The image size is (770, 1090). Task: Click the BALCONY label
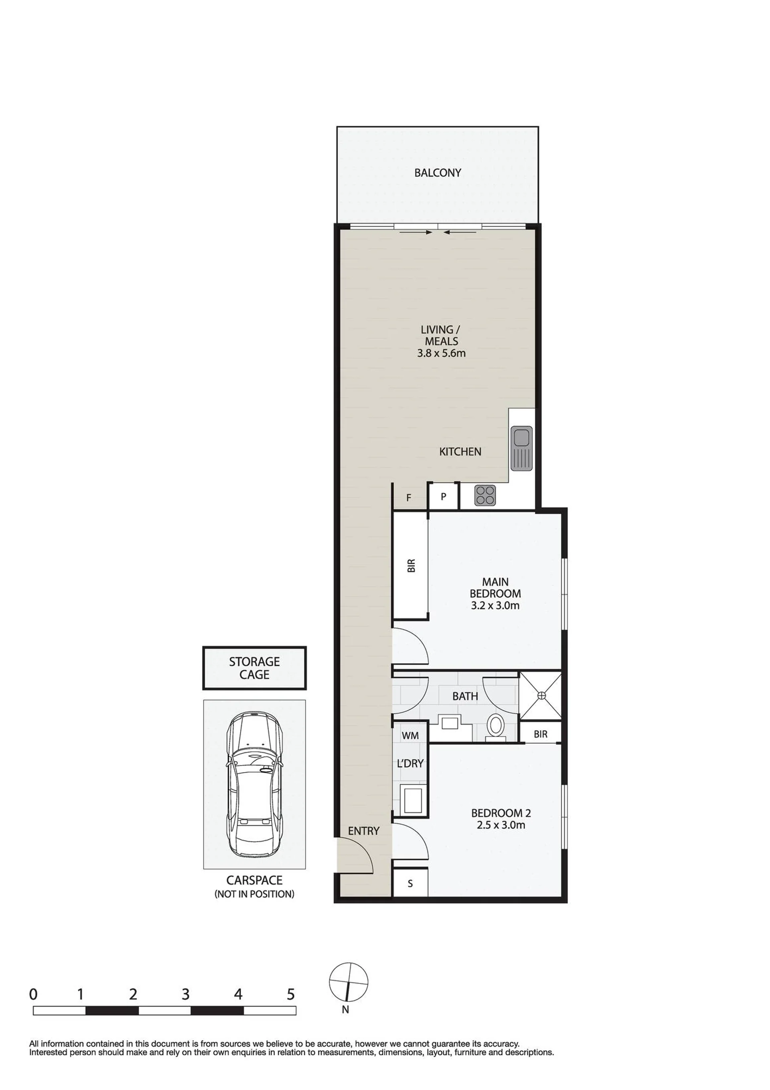[x=437, y=173]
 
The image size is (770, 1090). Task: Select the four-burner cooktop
[x=485, y=495]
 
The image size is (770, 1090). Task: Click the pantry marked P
[x=444, y=497]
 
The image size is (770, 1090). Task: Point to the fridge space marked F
[x=409, y=497]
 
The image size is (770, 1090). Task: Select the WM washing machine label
[x=410, y=735]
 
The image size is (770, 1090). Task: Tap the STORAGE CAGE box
[x=254, y=668]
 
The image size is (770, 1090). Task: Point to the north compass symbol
[x=349, y=982]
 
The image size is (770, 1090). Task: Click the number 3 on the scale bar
[x=186, y=994]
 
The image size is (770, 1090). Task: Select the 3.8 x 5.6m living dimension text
[x=441, y=353]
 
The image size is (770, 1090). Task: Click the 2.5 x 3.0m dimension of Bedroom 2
[x=501, y=825]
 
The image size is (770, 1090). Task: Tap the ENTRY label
[x=364, y=831]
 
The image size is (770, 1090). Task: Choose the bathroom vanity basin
[x=450, y=723]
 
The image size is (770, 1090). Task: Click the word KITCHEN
[x=460, y=451]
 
